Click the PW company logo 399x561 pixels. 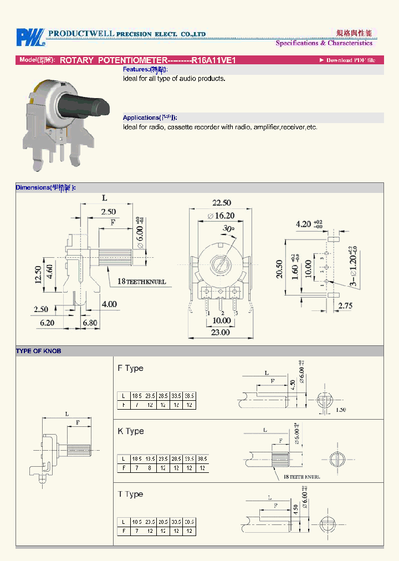[x=29, y=37]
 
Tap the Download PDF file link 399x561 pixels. [x=347, y=60]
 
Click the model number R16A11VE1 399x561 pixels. [x=213, y=60]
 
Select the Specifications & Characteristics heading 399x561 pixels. [x=324, y=43]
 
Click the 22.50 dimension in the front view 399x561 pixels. [x=221, y=203]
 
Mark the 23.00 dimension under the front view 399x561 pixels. [x=220, y=332]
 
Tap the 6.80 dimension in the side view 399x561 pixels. [x=90, y=322]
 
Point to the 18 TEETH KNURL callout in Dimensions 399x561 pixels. [x=141, y=282]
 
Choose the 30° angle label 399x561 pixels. [x=228, y=228]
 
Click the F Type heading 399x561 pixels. [x=130, y=368]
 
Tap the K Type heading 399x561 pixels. [x=130, y=431]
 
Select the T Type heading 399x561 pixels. [x=130, y=494]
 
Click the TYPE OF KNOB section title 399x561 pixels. [x=39, y=351]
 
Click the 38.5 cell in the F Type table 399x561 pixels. [x=190, y=396]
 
